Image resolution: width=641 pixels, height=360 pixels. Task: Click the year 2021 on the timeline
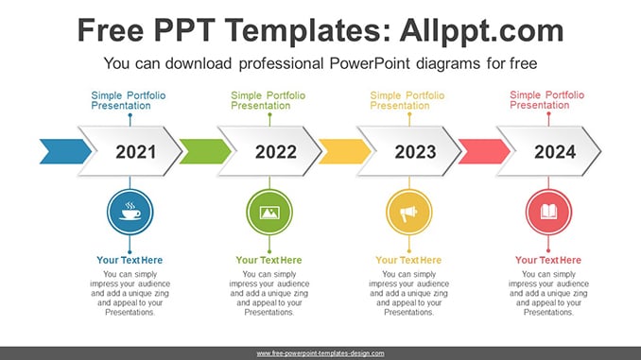point(136,152)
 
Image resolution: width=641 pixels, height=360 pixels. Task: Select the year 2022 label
point(276,152)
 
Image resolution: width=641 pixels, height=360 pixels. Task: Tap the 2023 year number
point(415,152)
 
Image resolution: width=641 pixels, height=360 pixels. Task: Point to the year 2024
point(555,152)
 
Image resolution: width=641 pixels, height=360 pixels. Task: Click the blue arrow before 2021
point(65,151)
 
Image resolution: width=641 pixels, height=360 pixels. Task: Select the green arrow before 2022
point(205,151)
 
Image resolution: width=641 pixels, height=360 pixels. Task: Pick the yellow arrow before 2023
point(345,151)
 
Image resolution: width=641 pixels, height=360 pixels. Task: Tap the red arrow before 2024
point(484,151)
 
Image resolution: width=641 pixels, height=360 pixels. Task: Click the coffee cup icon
point(130,212)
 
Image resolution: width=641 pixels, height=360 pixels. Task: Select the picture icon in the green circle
point(269,213)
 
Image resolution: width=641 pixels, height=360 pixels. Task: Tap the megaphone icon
point(408,214)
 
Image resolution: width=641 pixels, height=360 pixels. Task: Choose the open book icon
point(548,212)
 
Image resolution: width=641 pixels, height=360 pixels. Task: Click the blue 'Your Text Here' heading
point(130,260)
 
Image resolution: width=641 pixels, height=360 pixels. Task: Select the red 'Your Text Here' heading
point(548,260)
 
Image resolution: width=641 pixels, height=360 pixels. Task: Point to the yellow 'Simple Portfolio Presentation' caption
point(407,100)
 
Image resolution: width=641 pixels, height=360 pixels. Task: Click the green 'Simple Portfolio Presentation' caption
point(268,100)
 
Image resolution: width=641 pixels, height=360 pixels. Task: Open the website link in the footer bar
point(320,353)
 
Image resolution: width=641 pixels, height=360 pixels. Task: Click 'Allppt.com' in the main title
point(481,30)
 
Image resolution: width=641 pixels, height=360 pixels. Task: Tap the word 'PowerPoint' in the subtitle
point(369,63)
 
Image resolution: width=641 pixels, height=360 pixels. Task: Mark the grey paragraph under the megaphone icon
point(408,293)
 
